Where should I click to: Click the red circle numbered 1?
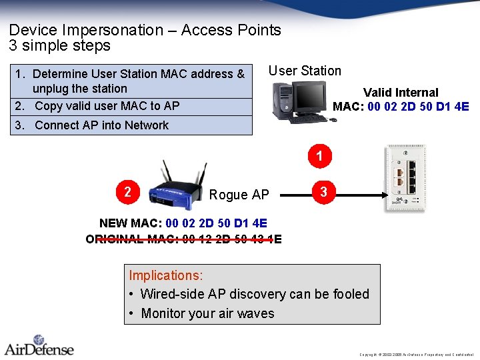click(x=320, y=157)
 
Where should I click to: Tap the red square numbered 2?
click(x=127, y=192)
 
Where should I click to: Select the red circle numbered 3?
click(x=323, y=192)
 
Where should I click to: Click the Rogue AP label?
click(x=239, y=195)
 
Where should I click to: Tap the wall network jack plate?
click(x=404, y=178)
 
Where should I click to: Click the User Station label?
click(x=305, y=71)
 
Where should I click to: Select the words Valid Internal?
click(x=401, y=93)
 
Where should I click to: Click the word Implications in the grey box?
click(x=165, y=275)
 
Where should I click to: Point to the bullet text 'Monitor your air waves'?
click(x=207, y=313)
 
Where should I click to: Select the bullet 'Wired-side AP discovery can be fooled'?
click(x=254, y=294)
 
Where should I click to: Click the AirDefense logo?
click(x=39, y=345)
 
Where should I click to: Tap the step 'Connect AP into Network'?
click(x=101, y=125)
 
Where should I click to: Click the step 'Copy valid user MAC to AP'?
click(x=107, y=106)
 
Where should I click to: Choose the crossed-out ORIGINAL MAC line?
click(x=184, y=239)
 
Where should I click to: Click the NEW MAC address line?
click(x=183, y=223)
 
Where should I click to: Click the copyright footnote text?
click(x=416, y=354)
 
